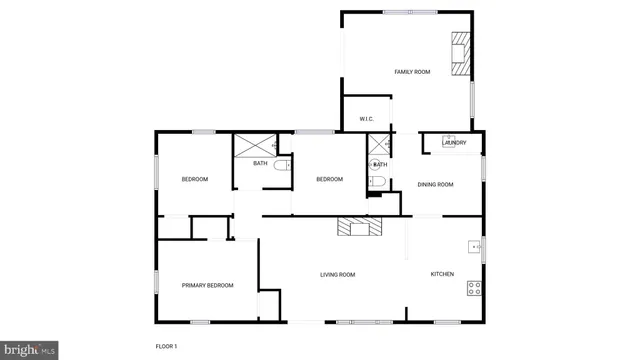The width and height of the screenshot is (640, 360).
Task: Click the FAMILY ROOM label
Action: coord(412,72)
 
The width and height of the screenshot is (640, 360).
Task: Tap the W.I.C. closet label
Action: coord(367,119)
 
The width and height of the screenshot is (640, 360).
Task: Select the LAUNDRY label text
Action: coord(454,143)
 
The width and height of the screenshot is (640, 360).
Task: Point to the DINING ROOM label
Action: coord(435,184)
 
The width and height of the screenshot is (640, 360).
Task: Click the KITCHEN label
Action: coord(442,274)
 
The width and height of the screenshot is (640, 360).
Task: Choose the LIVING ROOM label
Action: coord(337,274)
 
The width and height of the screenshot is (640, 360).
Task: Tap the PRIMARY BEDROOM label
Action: coord(207,285)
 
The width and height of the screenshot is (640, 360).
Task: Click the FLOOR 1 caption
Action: coord(166,346)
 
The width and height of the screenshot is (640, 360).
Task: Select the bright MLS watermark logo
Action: coord(29,350)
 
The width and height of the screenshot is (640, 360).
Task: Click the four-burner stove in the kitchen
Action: coord(474,288)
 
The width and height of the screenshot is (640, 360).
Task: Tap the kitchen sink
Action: coord(474,246)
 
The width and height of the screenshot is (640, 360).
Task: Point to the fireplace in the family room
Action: coord(460,54)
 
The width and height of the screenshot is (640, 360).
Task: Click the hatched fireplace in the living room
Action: coord(359,227)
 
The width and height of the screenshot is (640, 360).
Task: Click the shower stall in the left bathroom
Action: coord(253,144)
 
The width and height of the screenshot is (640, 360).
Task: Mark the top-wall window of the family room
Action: coord(409,12)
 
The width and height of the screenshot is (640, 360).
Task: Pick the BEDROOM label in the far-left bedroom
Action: coord(194,179)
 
